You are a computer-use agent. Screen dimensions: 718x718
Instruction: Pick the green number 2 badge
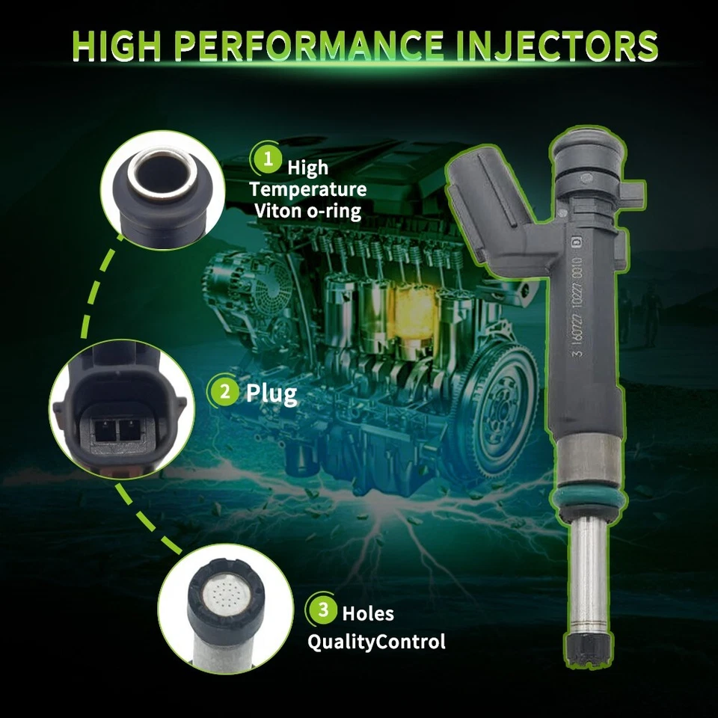(223, 393)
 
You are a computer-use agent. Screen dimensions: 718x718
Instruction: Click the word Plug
(271, 393)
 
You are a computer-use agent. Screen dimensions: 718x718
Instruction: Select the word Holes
(368, 613)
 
